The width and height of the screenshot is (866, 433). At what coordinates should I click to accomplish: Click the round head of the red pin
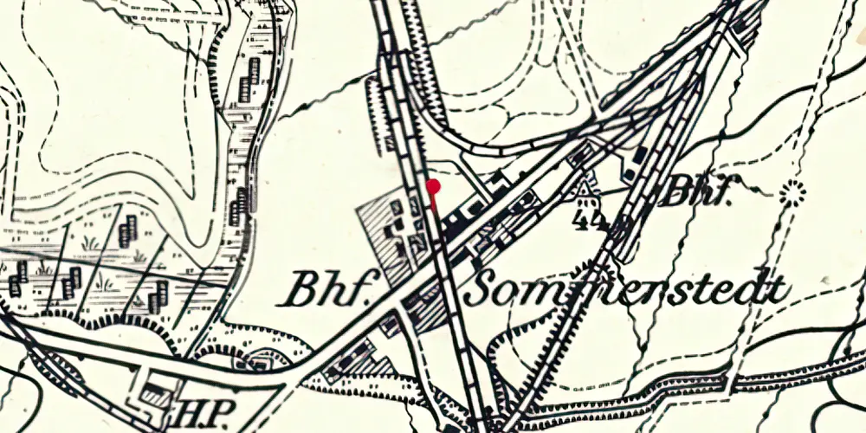(x=434, y=185)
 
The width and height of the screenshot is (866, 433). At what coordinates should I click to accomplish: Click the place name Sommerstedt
(x=627, y=290)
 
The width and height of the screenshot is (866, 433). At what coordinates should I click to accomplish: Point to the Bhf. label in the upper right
(x=695, y=192)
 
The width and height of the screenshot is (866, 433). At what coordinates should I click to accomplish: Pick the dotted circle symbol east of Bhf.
(x=790, y=193)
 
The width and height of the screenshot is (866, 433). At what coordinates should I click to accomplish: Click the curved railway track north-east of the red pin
(x=472, y=144)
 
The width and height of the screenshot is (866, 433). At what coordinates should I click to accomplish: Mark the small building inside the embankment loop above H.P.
(x=261, y=361)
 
